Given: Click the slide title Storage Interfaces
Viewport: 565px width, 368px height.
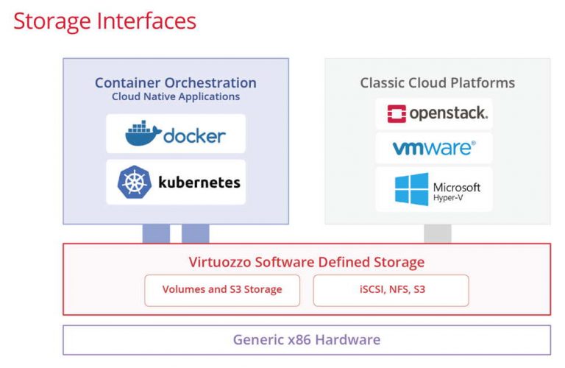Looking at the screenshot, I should tap(104, 21).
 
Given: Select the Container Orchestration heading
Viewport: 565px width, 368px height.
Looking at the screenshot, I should tap(175, 82).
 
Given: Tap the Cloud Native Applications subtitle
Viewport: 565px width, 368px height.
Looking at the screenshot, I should tap(175, 96).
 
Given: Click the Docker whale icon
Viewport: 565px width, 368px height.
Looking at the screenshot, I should tap(142, 134).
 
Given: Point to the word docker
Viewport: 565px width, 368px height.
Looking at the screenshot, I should tap(194, 136).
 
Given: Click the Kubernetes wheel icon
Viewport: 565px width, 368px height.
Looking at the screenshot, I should tap(134, 182).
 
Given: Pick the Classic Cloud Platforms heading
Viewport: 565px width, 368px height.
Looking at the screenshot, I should tap(437, 82).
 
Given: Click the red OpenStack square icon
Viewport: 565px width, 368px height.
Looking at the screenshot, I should tap(397, 113).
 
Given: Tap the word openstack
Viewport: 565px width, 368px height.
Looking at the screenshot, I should tap(447, 113).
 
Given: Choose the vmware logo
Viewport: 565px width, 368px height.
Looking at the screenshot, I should tap(433, 148).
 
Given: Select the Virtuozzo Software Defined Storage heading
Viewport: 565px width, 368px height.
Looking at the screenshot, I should tap(306, 262).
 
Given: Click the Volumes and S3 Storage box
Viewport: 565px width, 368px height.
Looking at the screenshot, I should tap(222, 290).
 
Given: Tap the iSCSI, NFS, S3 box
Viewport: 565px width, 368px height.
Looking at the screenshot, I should tap(391, 290).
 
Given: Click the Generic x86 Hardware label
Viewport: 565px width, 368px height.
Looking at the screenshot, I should tap(306, 340).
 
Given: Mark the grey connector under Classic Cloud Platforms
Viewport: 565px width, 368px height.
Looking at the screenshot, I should tap(438, 233).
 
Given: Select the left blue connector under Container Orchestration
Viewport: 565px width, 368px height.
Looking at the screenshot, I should tap(156, 233).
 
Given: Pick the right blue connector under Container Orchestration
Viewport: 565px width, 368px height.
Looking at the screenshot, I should tap(195, 233).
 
